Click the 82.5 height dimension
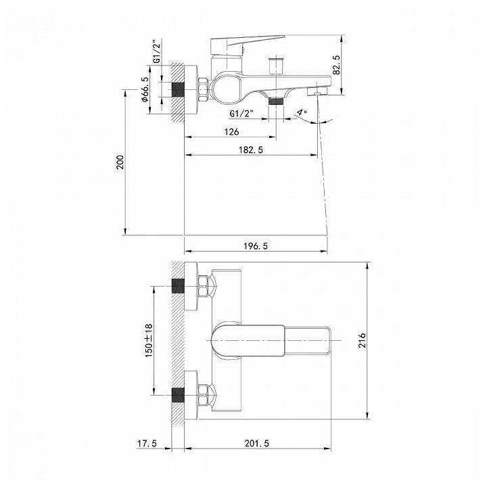coord(336,65)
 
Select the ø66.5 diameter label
coord(145,89)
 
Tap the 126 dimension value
coord(232,132)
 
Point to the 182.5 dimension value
coord(251,149)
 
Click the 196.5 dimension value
coord(255,246)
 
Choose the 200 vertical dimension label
coord(120,162)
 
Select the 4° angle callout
coord(302,112)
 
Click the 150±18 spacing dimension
coord(149,340)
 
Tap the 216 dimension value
coord(362,340)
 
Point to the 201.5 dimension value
coord(257,443)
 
